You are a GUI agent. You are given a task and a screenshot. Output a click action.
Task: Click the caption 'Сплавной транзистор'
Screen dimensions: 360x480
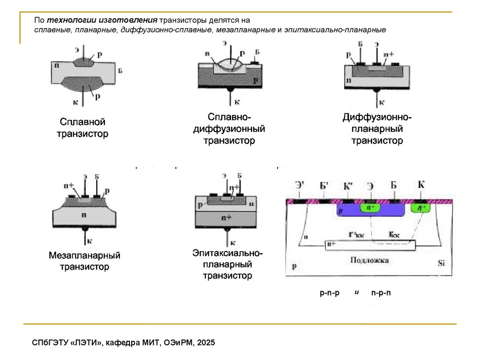point(82,128)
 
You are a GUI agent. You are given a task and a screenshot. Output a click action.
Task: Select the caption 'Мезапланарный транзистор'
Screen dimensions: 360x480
point(85,261)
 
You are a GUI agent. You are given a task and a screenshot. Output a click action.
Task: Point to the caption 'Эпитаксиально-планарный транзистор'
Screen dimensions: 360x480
point(227,264)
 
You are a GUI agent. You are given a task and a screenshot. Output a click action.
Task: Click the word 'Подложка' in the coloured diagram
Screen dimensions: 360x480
point(369,260)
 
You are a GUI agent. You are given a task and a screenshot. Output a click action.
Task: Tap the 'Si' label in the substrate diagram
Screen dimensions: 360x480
point(441,262)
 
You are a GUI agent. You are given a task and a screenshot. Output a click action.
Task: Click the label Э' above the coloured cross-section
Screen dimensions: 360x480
point(300,186)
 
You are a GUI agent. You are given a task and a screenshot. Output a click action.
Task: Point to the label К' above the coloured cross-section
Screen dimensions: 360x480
point(348,186)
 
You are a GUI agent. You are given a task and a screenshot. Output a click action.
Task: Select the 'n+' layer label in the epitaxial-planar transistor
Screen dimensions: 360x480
point(227,218)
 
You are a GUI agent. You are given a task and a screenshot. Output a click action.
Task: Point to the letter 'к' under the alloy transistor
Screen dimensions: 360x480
point(75,101)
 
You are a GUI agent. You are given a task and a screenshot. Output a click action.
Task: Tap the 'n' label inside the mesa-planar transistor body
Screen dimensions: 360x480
point(84,215)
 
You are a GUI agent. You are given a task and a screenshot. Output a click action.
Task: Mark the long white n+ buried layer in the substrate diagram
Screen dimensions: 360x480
point(370,244)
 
